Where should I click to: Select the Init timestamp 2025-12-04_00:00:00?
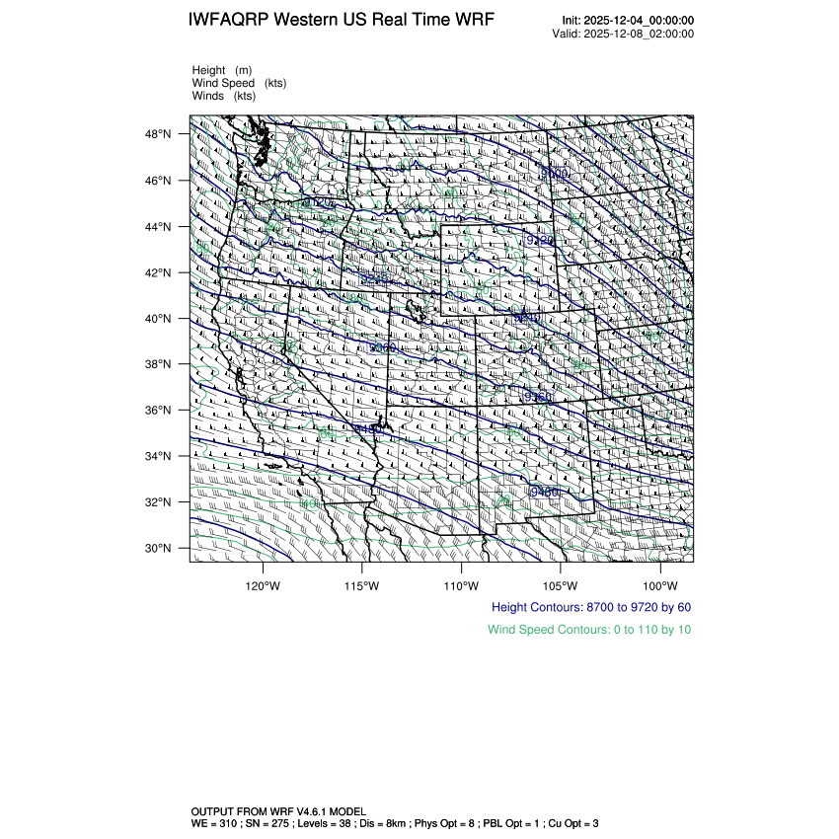coord(640,21)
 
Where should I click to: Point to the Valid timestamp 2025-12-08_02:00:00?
coord(640,34)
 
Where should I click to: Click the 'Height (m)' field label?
coord(222,70)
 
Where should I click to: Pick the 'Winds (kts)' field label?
coord(224,96)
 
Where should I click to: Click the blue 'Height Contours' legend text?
coord(590,607)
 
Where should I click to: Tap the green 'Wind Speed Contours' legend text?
coord(588,629)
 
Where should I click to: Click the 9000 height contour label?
coord(555,174)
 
